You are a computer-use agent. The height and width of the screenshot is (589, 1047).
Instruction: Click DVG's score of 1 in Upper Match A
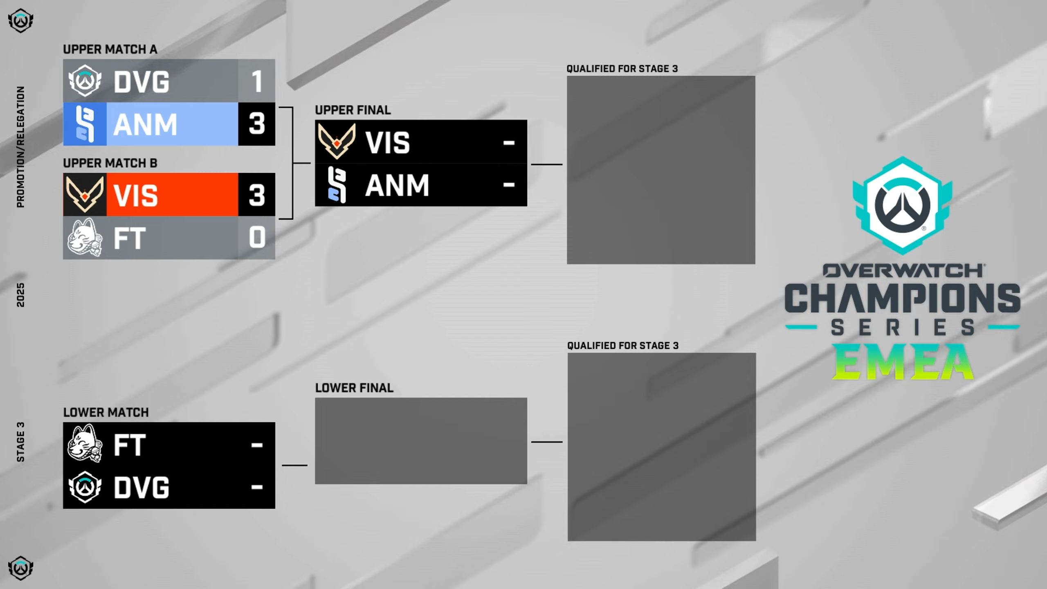pos(256,81)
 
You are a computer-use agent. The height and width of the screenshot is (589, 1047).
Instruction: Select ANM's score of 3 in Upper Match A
pos(256,124)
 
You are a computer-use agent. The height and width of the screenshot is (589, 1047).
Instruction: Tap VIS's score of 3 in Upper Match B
pos(256,195)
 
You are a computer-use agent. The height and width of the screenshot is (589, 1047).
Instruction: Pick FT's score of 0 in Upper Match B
pos(256,237)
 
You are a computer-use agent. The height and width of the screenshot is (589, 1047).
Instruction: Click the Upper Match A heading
pos(110,49)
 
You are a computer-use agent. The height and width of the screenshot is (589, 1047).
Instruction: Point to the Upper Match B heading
pos(110,163)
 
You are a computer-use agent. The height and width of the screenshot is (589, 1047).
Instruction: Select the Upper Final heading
pos(353,110)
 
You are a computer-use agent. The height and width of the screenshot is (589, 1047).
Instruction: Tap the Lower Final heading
pos(354,388)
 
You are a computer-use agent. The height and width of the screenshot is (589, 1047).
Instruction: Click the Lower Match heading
pos(106,412)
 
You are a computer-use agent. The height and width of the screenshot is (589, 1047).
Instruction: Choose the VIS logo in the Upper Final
pos(337,142)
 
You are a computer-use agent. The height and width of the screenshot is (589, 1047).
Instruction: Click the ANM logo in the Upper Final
pos(337,185)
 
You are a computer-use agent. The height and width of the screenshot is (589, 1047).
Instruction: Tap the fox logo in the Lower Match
pos(85,444)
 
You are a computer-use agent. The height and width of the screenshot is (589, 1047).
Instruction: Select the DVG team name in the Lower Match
pos(142,488)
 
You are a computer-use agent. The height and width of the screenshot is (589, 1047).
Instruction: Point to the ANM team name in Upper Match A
pos(145,124)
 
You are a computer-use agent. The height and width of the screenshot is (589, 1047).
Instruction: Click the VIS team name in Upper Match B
pos(135,196)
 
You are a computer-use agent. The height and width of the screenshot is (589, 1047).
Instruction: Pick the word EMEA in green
pos(903,362)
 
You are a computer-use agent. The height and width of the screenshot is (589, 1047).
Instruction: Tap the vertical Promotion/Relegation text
pos(20,147)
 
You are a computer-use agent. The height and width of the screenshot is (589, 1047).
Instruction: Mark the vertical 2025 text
pos(20,294)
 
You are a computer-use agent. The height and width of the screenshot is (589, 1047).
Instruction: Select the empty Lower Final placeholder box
pos(421,441)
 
